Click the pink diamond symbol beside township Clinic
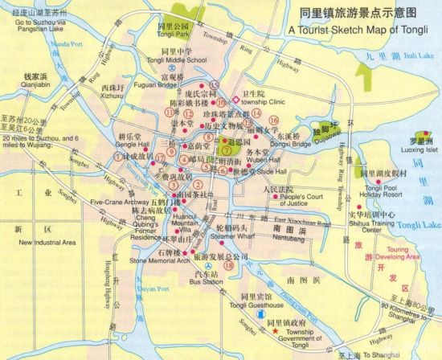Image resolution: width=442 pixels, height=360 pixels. [x=235, y=100]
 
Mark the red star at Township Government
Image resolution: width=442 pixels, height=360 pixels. [x=275, y=332]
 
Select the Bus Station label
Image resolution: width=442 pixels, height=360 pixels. [x=207, y=282]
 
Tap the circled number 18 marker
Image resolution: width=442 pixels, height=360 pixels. [x=229, y=265]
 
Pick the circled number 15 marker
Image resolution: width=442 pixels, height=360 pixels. [x=214, y=85]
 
